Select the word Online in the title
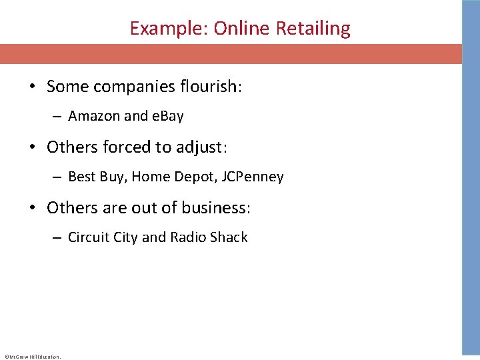[239, 29]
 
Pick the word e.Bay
[168, 116]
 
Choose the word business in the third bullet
[215, 207]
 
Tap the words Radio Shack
[209, 237]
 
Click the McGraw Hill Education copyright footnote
[33, 357]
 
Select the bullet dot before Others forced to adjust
[32, 147]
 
